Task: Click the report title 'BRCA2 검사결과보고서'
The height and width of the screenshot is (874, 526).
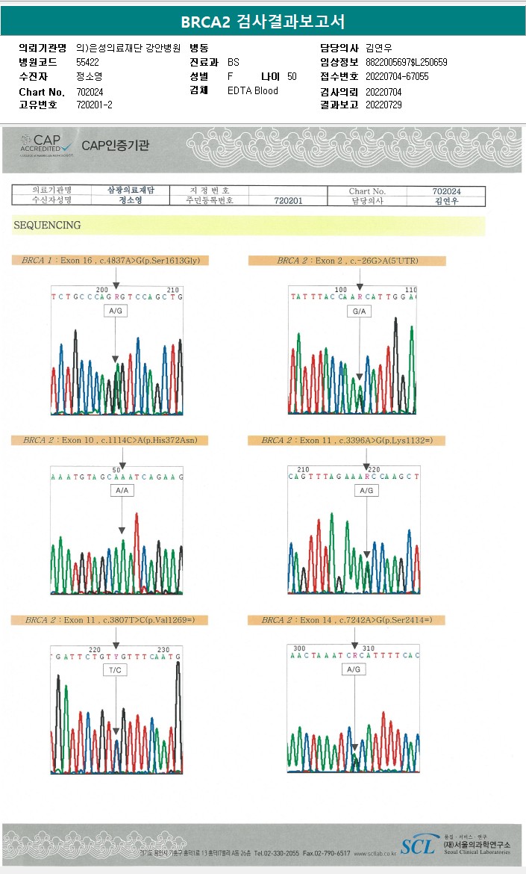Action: (263, 22)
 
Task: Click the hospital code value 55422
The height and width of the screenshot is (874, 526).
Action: (87, 62)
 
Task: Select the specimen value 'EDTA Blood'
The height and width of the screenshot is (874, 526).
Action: (252, 90)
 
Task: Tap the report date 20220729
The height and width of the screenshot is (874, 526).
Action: (383, 105)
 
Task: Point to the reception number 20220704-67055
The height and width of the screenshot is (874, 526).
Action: (395, 76)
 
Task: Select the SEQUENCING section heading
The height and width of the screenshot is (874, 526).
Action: (46, 225)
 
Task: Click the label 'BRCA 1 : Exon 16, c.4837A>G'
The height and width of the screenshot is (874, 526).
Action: (110, 260)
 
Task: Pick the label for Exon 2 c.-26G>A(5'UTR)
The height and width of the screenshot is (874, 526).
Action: (346, 261)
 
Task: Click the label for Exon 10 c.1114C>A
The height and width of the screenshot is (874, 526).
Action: (110, 441)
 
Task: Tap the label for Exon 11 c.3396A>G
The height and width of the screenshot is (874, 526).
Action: (346, 441)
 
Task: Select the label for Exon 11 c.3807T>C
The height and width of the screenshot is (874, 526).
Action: (110, 620)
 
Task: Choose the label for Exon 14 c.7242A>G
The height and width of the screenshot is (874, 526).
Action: (346, 620)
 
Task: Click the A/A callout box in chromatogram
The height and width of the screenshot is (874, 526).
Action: (122, 491)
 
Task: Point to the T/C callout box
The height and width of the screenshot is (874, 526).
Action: (116, 671)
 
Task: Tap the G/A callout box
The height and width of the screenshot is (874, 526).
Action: (360, 311)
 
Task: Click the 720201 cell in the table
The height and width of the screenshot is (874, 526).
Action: (288, 201)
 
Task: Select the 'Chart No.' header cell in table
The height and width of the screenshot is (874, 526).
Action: (367, 191)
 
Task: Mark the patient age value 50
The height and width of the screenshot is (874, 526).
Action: (292, 76)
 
